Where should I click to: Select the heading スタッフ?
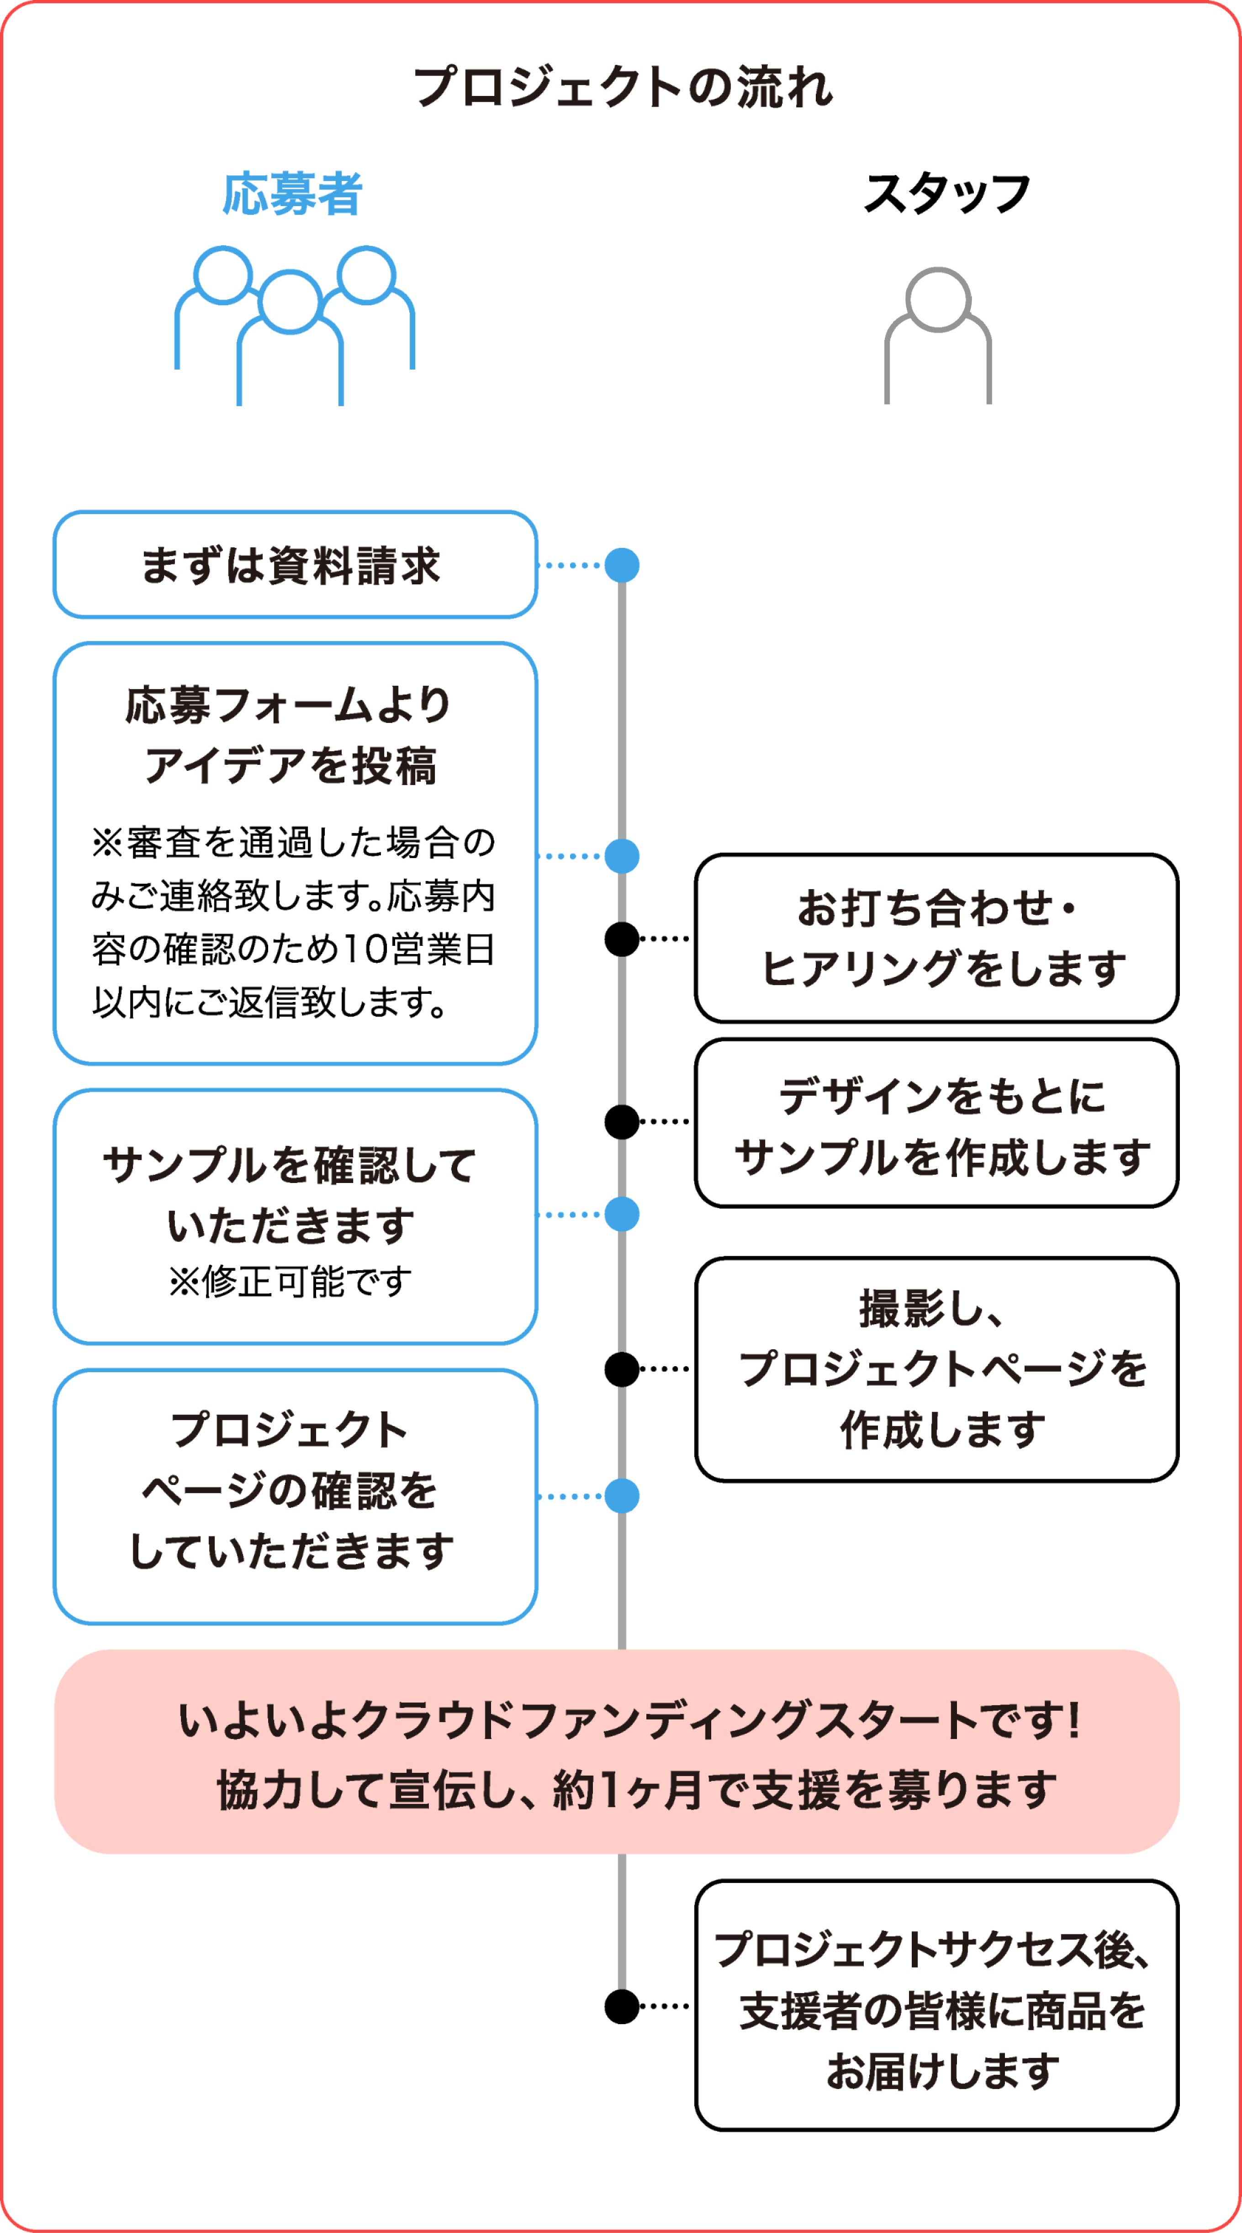coord(946,193)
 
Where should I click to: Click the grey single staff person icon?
coord(937,334)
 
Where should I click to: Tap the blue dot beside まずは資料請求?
coord(621,565)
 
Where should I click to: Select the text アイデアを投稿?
coord(291,765)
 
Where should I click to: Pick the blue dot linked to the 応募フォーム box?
coord(621,855)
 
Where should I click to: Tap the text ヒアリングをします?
coord(943,968)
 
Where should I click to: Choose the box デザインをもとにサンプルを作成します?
coord(936,1123)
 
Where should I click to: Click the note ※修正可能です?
coord(291,1281)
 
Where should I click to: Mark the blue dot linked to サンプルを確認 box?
coord(621,1215)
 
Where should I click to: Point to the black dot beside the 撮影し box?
coord(621,1369)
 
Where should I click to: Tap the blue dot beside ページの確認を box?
coord(621,1496)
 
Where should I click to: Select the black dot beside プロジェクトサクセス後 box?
coord(621,2006)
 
